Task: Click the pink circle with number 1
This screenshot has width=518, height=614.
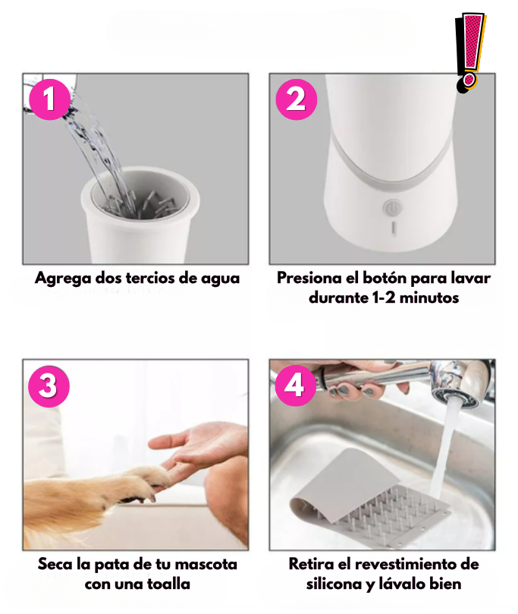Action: (x=49, y=99)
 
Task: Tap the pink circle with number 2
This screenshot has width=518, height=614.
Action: (x=297, y=99)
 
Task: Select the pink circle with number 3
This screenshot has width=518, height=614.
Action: (x=49, y=386)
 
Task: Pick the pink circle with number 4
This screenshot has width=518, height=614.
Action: (x=295, y=386)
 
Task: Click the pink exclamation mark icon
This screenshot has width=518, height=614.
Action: (x=470, y=52)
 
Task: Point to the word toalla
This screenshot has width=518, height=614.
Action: (x=168, y=584)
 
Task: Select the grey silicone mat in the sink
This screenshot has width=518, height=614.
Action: (x=368, y=499)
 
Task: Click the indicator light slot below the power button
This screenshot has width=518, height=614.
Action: (x=393, y=228)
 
